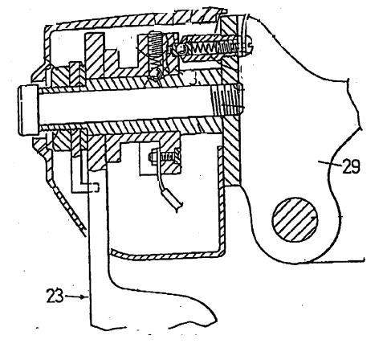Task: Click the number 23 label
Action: (55, 296)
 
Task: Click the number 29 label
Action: (351, 166)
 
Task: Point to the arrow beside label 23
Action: (75, 297)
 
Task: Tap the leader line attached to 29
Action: (330, 163)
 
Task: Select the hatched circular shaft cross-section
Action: (295, 219)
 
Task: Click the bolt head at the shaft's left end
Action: (28, 110)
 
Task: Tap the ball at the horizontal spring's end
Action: (181, 48)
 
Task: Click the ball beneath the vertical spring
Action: (156, 73)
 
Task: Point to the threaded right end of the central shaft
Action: (227, 99)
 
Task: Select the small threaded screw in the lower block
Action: (164, 157)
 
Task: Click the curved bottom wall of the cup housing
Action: (165, 256)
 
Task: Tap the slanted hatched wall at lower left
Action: (69, 207)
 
